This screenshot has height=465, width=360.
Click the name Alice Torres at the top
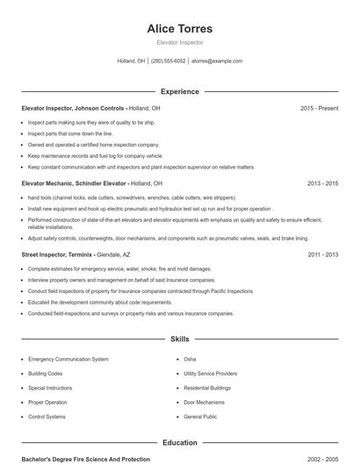coord(179,28)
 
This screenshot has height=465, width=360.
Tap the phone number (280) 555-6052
coord(169,61)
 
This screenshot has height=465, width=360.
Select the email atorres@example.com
coord(217,61)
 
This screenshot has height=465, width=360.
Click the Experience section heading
coord(179,91)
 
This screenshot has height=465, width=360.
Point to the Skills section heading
coord(179,338)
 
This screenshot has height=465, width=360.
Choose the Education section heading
coord(179,443)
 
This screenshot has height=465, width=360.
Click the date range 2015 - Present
coord(319,108)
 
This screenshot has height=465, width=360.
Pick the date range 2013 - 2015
coord(322,183)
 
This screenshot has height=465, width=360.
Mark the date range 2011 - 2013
coord(322,254)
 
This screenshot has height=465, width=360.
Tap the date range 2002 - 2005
coord(322,459)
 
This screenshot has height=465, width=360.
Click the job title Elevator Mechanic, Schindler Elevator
coord(75,183)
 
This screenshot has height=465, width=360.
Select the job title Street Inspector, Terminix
coord(57,254)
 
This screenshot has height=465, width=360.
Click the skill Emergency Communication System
coord(68,359)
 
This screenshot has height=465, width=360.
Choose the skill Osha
coord(190,359)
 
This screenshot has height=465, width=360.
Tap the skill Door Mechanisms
coord(204,402)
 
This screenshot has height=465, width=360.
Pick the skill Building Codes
coord(46,373)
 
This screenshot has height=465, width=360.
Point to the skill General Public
coord(200,416)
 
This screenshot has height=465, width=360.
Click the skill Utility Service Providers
coord(211,373)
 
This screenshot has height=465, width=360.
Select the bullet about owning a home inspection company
coord(93,144)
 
